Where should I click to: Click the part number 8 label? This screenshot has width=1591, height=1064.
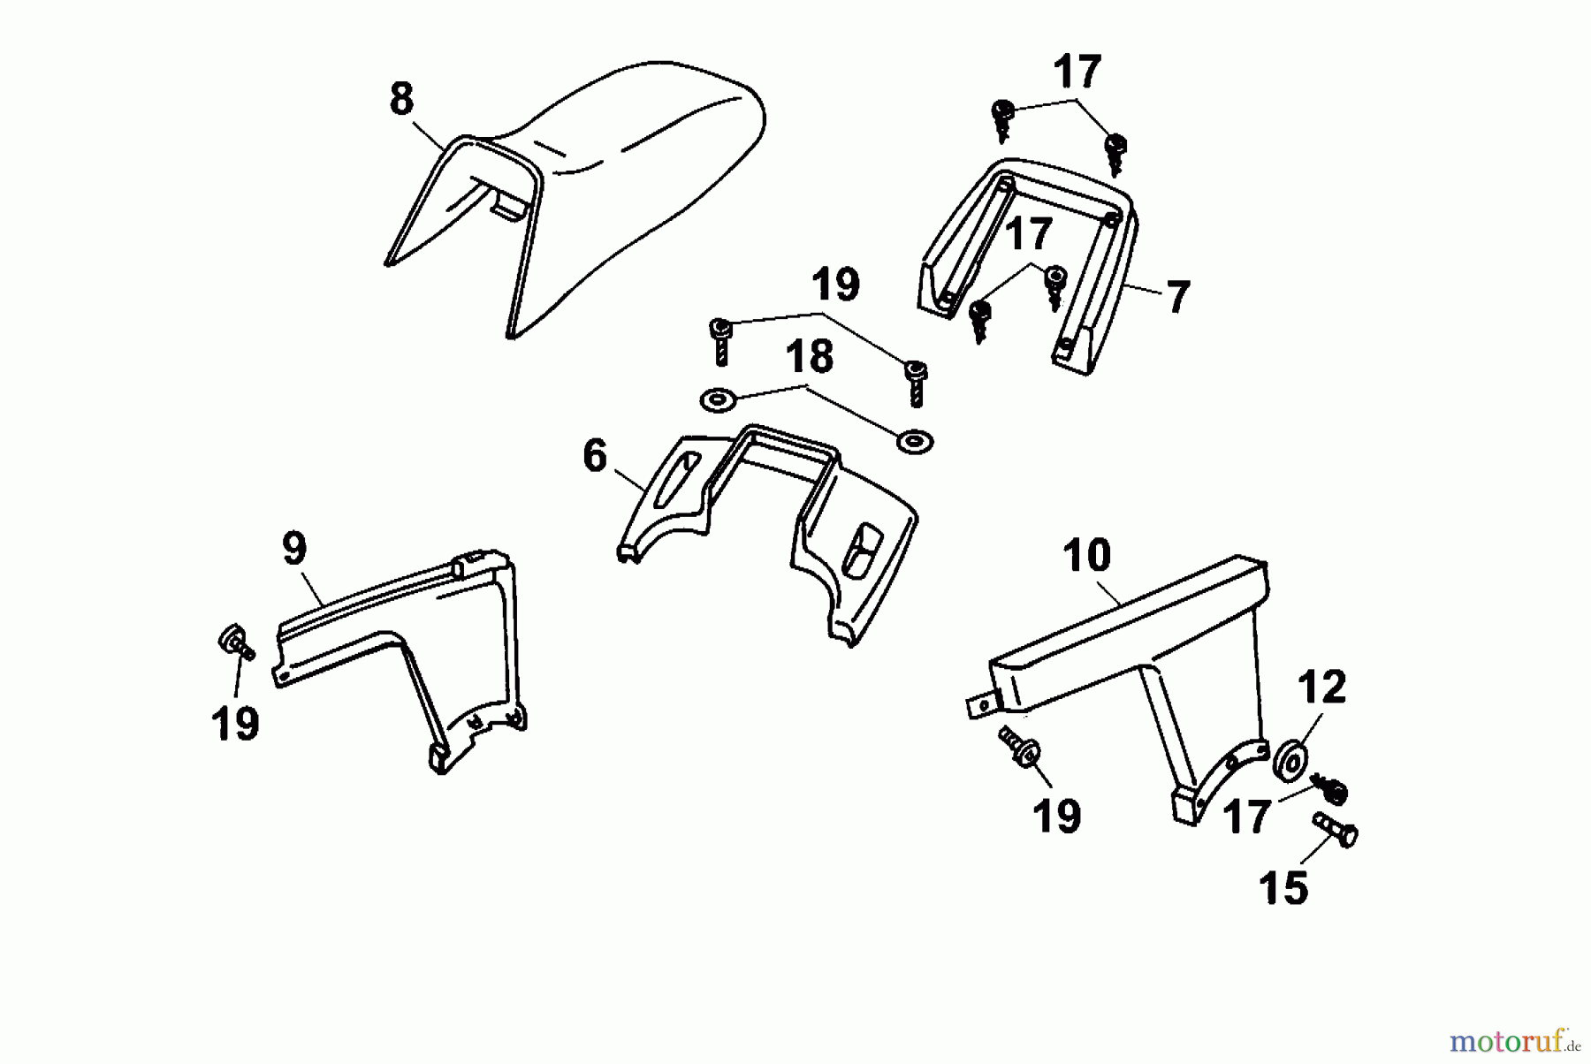(401, 99)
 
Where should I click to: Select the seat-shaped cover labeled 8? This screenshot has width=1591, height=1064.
(575, 200)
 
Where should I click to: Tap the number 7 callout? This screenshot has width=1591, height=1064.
(1177, 297)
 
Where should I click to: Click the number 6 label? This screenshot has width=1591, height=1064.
(595, 456)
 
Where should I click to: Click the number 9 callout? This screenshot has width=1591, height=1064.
(294, 549)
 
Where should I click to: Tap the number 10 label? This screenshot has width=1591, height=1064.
(1086, 556)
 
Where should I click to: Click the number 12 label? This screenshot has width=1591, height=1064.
(1321, 687)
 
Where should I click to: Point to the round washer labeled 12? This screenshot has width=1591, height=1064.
(1292, 762)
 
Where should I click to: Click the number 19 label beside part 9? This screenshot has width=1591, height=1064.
(235, 724)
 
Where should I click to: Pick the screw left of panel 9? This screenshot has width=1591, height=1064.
(235, 642)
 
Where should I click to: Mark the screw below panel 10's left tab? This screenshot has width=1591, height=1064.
(1019, 746)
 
